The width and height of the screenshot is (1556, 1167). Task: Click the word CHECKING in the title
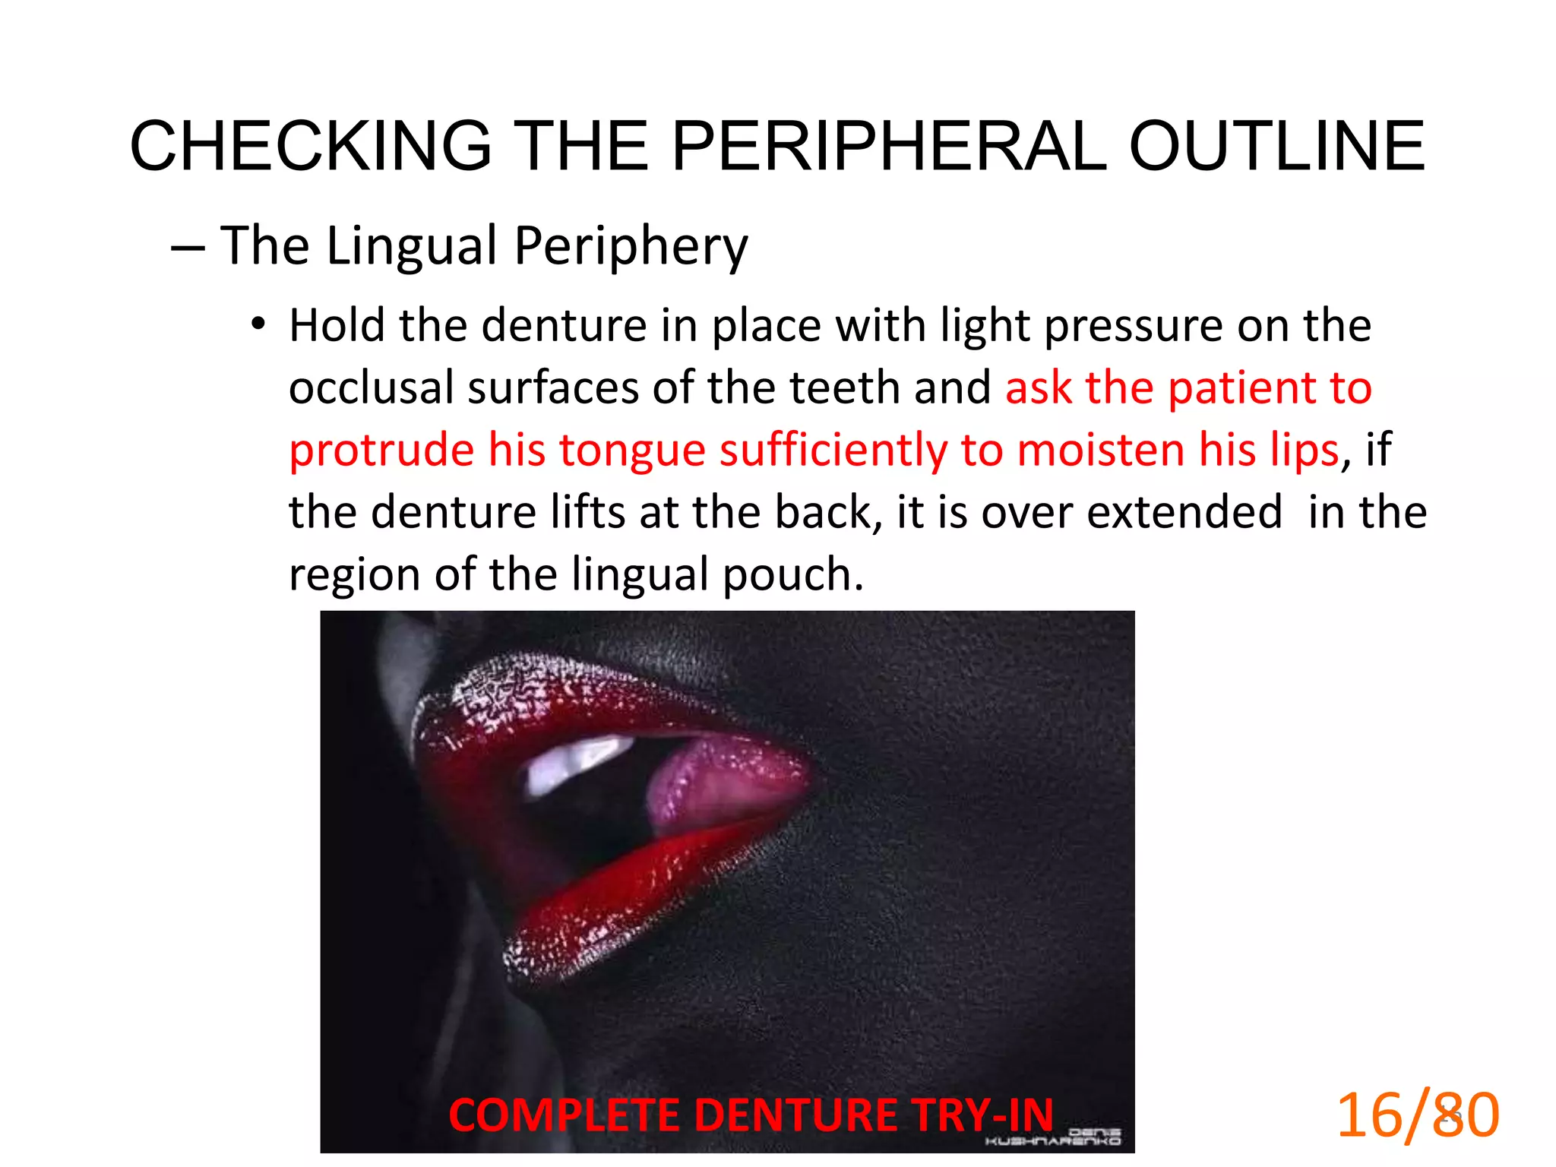312,146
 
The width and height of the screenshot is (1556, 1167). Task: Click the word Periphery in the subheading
631,247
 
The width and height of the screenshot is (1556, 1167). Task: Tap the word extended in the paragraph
1185,512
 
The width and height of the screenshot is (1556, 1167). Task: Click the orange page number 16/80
1418,1115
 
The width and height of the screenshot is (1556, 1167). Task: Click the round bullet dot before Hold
259,325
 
